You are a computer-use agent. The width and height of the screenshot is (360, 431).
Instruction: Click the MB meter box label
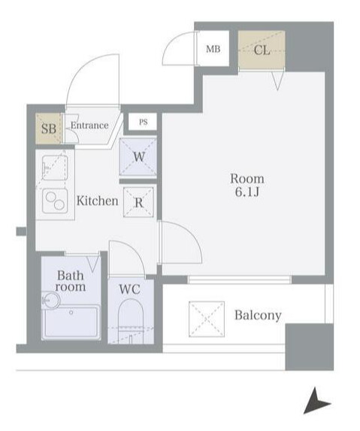(213, 49)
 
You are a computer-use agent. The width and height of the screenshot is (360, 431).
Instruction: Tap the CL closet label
(262, 50)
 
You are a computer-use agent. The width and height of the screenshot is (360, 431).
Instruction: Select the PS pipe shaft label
(143, 122)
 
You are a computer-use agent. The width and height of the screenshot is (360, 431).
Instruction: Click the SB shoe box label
(49, 128)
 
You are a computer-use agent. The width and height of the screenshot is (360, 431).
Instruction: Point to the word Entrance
(89, 125)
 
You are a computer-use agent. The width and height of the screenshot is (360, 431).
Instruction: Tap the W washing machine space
(138, 157)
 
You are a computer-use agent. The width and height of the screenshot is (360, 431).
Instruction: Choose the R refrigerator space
(139, 203)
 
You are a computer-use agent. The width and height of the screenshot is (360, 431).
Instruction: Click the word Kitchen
(98, 200)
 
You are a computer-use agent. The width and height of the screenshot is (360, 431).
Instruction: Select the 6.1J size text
(247, 192)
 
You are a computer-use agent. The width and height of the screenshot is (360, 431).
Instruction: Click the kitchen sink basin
(55, 168)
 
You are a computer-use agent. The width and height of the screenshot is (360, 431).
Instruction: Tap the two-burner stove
(55, 200)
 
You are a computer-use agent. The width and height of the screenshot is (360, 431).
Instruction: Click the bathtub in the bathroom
(71, 322)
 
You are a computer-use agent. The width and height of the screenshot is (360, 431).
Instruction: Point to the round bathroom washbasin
(50, 300)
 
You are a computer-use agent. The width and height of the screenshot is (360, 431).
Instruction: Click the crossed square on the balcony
(207, 319)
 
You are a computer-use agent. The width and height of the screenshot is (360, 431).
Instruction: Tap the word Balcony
(258, 315)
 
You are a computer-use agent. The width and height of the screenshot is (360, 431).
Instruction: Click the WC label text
(129, 289)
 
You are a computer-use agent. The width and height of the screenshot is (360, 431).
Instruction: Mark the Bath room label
(71, 281)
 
